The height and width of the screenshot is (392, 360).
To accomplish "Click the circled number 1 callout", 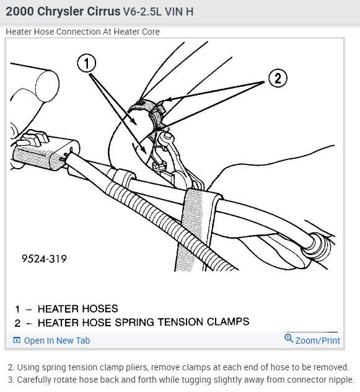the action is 87,63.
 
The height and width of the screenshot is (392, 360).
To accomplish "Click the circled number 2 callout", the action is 278,78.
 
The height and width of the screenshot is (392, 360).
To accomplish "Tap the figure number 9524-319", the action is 44,259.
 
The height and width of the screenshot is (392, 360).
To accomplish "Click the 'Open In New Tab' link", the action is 57,341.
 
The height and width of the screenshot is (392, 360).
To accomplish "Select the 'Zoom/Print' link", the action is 317,341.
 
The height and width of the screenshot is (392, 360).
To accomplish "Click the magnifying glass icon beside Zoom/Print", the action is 289,338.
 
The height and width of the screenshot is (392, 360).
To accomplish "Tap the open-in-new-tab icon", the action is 17,341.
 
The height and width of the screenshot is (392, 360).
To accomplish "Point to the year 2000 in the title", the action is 20,12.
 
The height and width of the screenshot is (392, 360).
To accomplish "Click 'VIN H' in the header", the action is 179,12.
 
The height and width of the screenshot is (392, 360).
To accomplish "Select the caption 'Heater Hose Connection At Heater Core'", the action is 82,32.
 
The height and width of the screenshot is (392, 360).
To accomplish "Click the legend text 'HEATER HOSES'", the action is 77,309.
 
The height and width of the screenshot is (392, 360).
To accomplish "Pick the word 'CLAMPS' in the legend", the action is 228,322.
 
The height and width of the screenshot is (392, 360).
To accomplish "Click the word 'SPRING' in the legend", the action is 134,323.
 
